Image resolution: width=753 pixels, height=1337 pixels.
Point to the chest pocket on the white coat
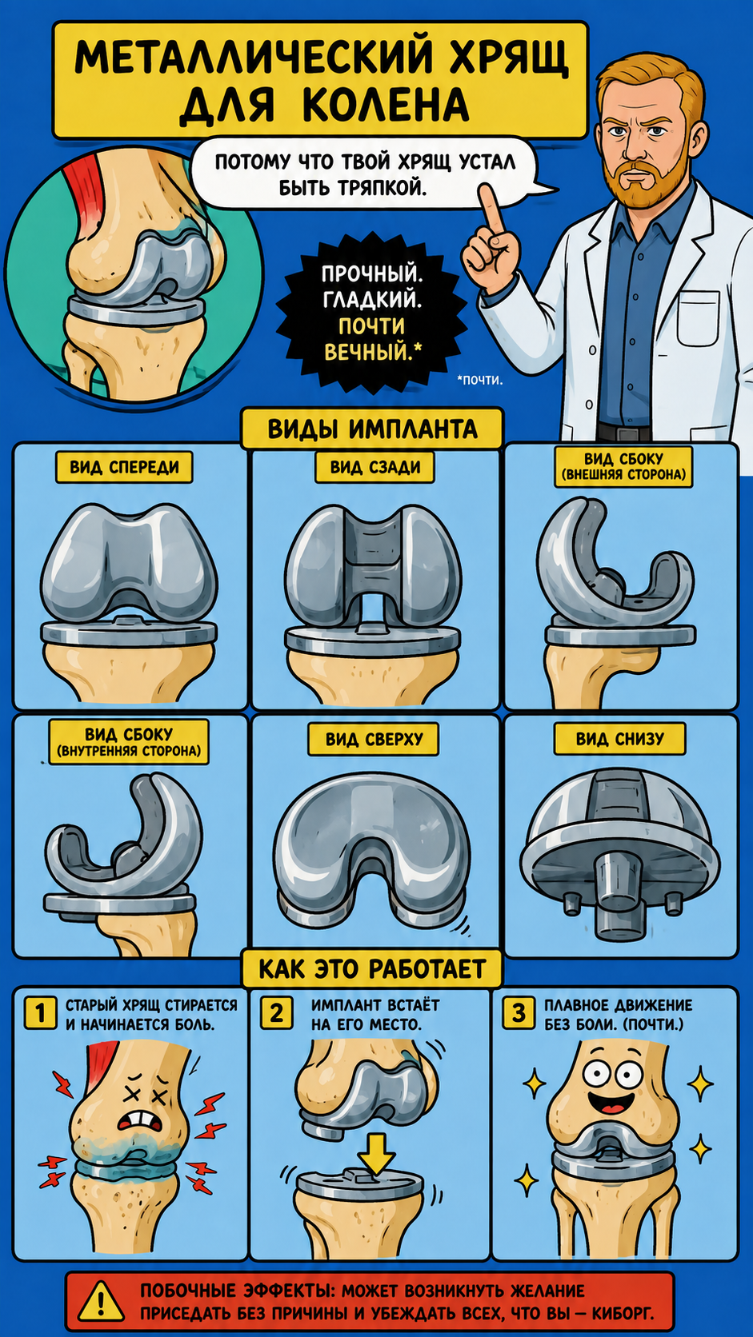click(698, 318)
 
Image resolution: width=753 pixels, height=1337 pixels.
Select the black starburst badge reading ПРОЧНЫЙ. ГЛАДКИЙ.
click(372, 313)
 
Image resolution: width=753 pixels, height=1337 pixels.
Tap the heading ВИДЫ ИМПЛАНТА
click(372, 429)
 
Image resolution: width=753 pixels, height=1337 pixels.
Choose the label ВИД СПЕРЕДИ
click(124, 467)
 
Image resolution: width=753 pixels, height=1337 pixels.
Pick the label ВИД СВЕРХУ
click(374, 740)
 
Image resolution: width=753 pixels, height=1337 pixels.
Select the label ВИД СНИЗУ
click(620, 739)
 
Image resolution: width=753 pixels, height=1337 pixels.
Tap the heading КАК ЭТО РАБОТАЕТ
click(372, 969)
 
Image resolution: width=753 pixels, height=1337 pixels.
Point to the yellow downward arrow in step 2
click(377, 1154)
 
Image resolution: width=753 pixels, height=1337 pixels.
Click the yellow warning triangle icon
click(101, 1300)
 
